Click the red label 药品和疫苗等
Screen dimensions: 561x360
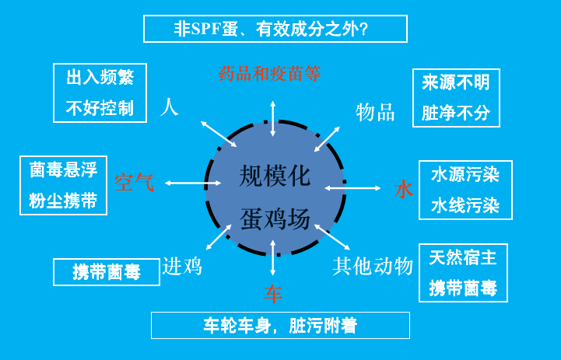[x=269, y=74]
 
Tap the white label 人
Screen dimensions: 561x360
[x=169, y=107]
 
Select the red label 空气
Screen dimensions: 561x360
[x=134, y=182]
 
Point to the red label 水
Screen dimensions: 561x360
[x=404, y=189]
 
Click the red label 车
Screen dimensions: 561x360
[x=273, y=294]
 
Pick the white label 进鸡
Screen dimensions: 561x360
[x=182, y=267]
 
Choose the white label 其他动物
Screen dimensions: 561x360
[x=373, y=267]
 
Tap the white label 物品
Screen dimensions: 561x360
[x=375, y=112]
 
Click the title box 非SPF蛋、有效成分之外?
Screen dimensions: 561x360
[x=275, y=29]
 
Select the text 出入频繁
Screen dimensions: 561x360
[x=100, y=77]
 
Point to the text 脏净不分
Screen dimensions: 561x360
[x=456, y=113]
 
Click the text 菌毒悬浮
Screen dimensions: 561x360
[x=63, y=170]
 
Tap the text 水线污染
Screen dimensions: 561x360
[x=465, y=205]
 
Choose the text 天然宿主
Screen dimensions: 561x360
[x=463, y=257]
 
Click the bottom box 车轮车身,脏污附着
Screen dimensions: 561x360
[x=280, y=325]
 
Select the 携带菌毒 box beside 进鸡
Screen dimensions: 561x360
[x=107, y=272]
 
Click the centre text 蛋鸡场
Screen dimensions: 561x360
[x=275, y=218]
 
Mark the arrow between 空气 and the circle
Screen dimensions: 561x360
[x=193, y=183]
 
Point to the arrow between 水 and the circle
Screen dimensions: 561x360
[x=352, y=188]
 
